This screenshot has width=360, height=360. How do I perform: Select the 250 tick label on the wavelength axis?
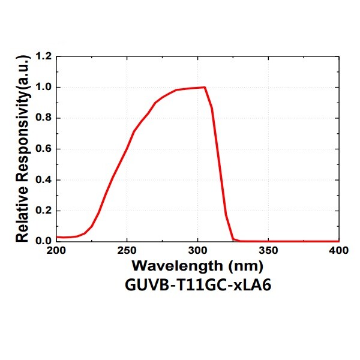(127, 251)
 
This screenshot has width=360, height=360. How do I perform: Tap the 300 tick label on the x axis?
(197, 251)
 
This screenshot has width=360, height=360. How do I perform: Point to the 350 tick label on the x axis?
(268, 251)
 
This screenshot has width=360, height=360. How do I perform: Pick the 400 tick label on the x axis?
(339, 251)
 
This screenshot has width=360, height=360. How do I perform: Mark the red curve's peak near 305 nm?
(205, 87)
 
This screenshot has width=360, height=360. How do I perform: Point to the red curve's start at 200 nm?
(57, 237)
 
